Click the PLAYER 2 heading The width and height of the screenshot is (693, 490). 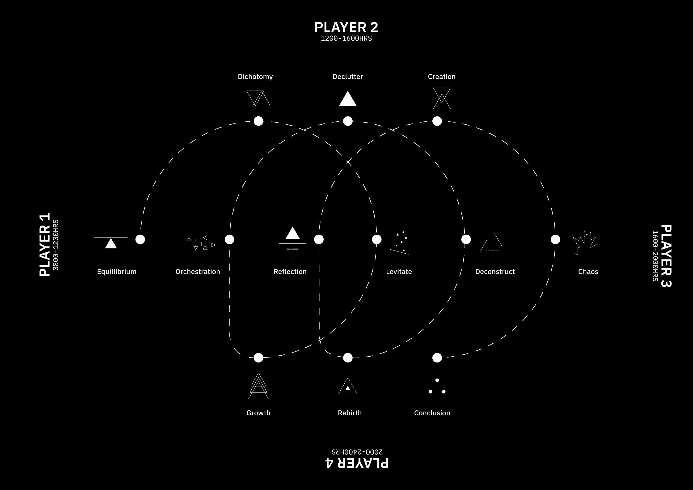(x=346, y=27)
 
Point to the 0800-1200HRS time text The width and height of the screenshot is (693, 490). (x=56, y=245)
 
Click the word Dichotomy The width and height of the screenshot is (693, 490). (x=255, y=77)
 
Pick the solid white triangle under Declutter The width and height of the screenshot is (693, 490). (x=348, y=99)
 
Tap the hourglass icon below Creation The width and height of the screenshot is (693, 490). (x=442, y=98)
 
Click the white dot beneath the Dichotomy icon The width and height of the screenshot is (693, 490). (x=258, y=121)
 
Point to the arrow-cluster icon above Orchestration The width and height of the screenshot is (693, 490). (x=200, y=243)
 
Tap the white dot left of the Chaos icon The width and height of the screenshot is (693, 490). (x=555, y=239)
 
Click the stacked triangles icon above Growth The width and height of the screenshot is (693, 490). (x=258, y=386)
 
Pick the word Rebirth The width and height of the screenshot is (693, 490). (x=350, y=413)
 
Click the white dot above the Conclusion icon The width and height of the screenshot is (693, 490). (x=437, y=358)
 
